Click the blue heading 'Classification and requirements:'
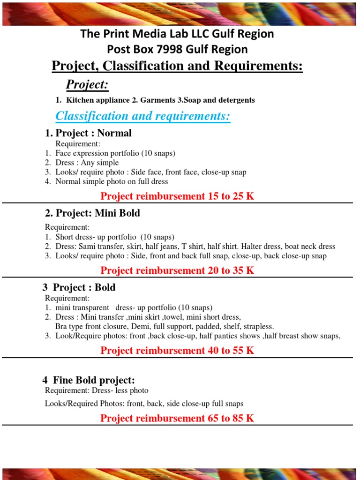(142, 116)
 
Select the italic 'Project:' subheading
(87, 85)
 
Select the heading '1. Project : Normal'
(88, 133)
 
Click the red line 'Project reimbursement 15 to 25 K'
(177, 196)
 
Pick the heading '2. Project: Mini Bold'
(92, 213)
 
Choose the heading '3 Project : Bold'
(80, 287)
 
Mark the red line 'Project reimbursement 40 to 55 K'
(177, 350)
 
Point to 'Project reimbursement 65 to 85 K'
(177, 418)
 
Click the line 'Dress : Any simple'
(87, 163)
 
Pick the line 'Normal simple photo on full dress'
(112, 181)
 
